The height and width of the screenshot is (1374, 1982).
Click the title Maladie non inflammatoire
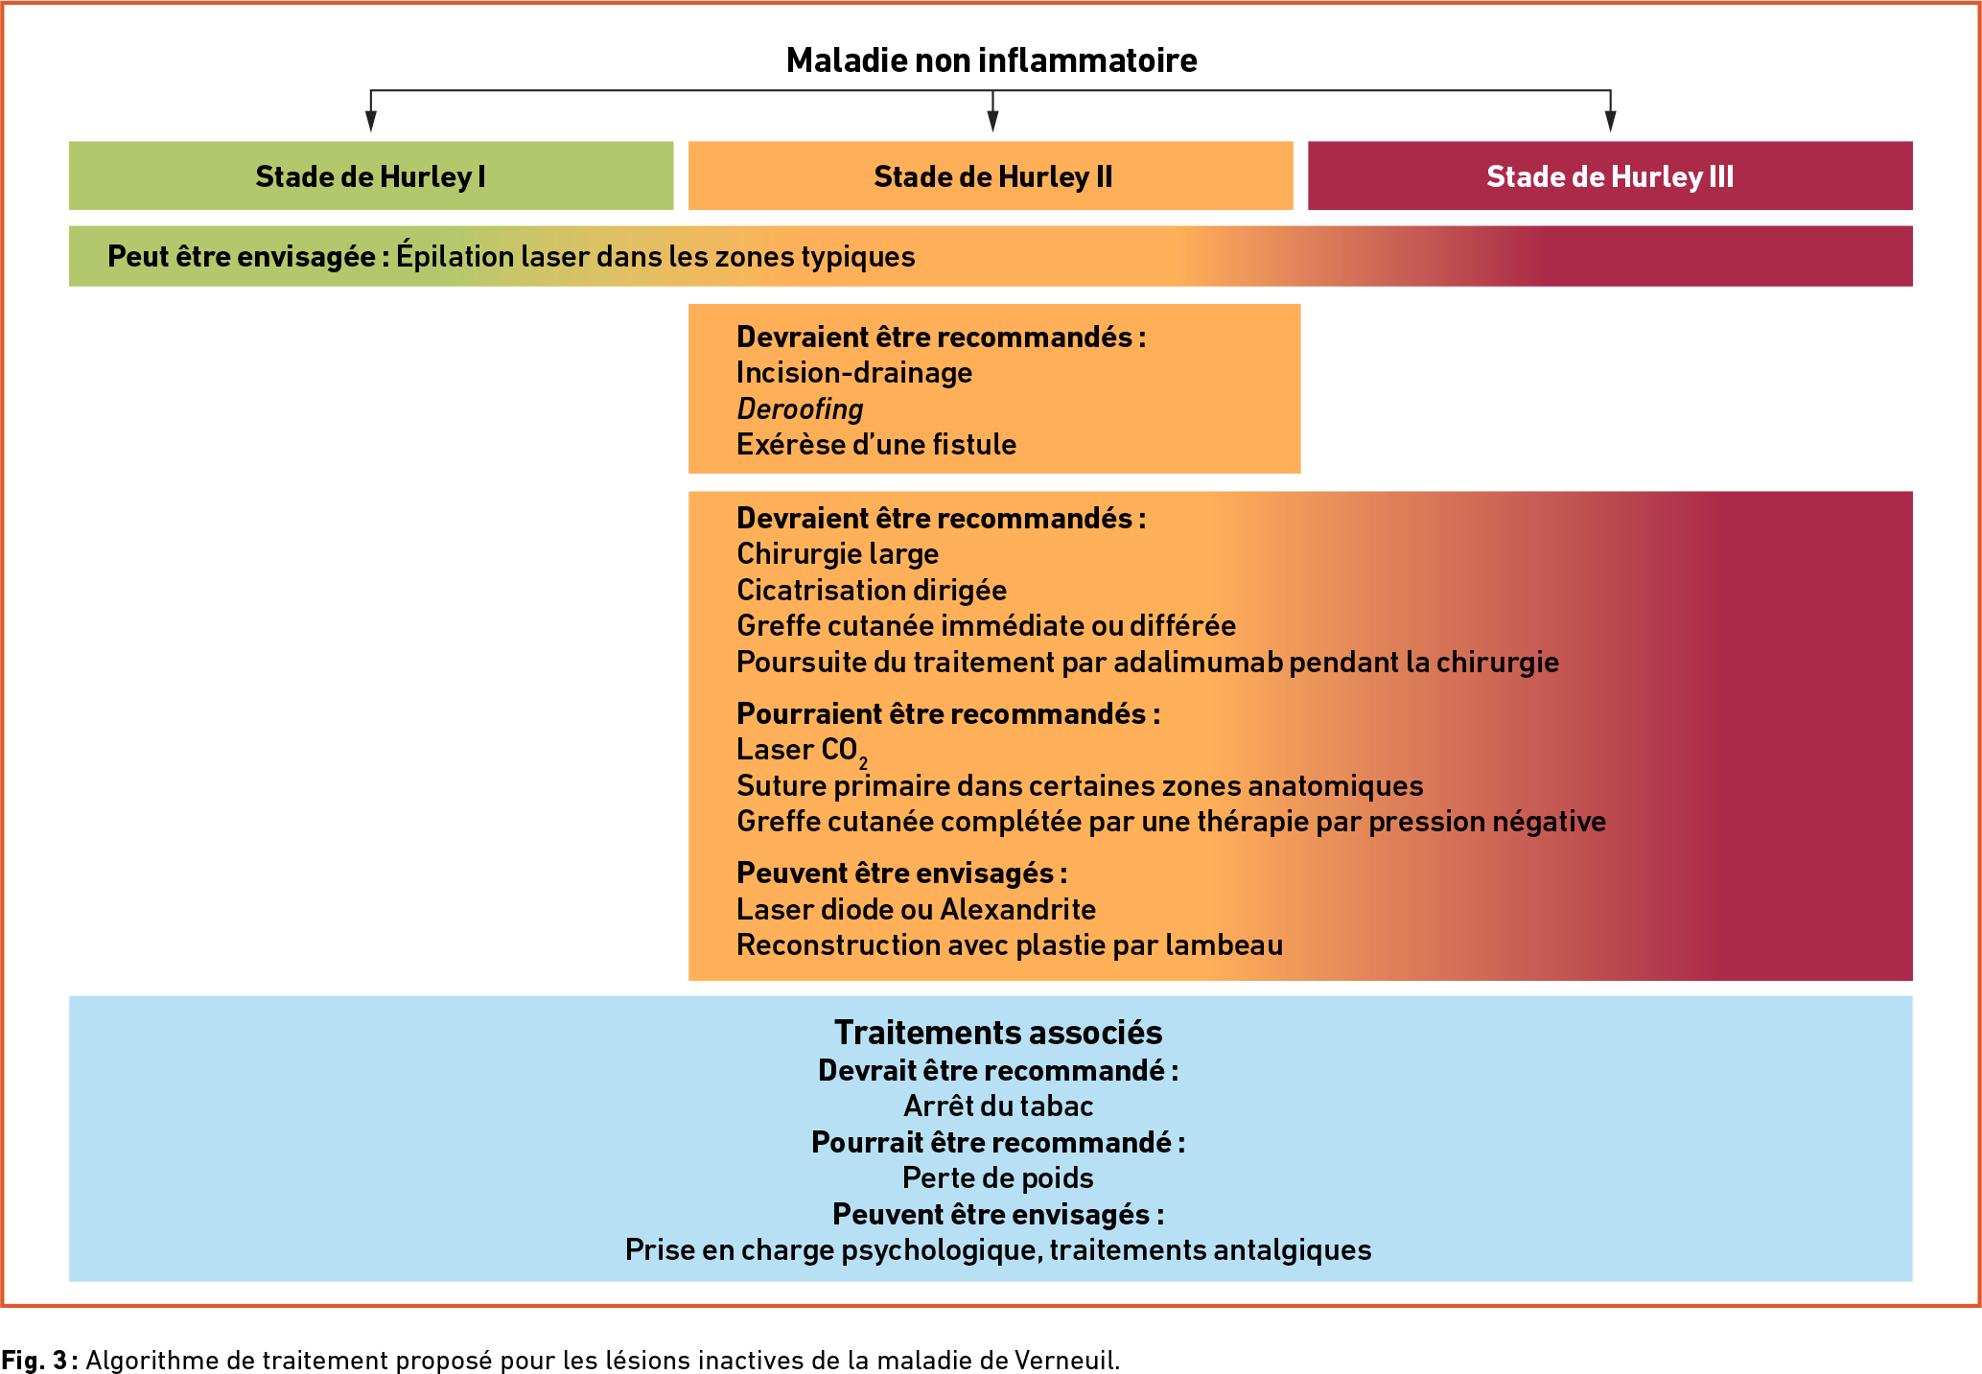[x=991, y=60]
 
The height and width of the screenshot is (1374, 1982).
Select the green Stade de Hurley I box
[x=371, y=175]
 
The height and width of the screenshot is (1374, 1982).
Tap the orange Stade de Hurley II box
[x=991, y=175]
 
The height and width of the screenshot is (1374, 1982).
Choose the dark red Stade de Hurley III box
[x=1610, y=175]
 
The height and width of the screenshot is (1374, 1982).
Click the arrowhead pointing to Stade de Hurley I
[x=371, y=121]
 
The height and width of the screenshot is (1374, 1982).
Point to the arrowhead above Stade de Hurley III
[x=1611, y=121]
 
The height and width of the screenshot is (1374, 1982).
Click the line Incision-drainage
[x=854, y=373]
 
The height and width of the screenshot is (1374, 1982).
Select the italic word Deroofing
[x=800, y=409]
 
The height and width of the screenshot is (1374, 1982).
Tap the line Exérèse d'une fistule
[x=876, y=445]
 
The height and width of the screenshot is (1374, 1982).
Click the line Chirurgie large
[x=837, y=554]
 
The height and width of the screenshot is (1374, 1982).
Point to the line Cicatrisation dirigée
[x=872, y=590]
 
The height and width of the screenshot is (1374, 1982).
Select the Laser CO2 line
[x=802, y=751]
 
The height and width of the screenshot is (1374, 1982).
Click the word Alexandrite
[x=1018, y=909]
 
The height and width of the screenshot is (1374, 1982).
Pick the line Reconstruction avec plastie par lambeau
[x=1010, y=945]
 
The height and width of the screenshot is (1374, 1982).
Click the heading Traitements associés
[x=998, y=1033]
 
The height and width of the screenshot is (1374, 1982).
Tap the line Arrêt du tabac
[x=998, y=1106]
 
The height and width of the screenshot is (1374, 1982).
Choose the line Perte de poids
[x=998, y=1178]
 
